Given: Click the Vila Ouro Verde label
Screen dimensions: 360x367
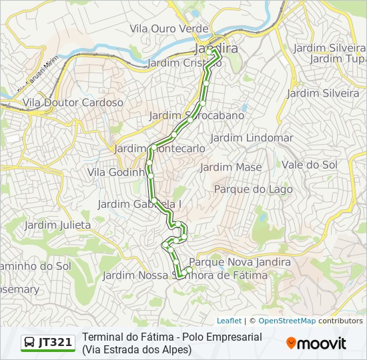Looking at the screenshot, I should coord(169,29).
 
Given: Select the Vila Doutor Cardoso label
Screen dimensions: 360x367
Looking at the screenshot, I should coord(73,103).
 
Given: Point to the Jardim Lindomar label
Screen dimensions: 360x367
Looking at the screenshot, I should coord(252,137).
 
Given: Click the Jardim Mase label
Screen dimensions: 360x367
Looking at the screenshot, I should coord(231,167).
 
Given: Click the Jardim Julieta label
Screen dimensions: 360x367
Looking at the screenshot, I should coord(57,225).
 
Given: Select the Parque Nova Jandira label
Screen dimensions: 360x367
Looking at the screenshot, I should coord(240,262).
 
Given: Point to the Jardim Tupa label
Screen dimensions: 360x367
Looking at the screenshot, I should coord(337,59).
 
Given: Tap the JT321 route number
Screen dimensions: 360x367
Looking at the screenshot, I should coord(55,343).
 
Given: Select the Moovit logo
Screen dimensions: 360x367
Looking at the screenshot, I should coord(316,343).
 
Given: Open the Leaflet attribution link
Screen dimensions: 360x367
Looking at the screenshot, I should coord(229,321).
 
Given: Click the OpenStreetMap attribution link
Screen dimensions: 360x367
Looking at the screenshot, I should coord(287,321).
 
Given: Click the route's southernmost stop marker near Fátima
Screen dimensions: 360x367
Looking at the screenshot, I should coord(179,275).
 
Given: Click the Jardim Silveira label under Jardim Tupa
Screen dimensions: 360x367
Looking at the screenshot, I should coord(323,93).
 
